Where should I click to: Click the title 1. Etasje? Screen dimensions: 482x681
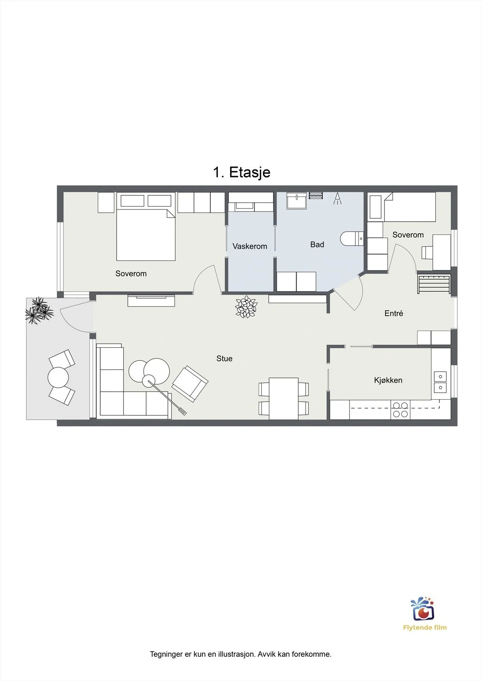(242, 172)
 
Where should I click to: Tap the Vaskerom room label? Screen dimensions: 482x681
(250, 246)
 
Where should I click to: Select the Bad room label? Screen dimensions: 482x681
(317, 244)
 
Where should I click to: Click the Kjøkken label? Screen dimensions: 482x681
(388, 380)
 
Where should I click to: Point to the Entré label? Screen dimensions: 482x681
(394, 313)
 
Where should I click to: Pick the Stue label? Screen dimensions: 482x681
(225, 358)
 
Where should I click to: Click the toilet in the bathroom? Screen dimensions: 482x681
(352, 239)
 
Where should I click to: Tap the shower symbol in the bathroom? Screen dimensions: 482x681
(337, 198)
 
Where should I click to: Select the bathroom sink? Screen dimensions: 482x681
(296, 200)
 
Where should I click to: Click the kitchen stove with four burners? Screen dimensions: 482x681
(400, 409)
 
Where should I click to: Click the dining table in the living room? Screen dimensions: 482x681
(283, 398)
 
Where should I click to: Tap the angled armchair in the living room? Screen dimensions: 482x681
(190, 383)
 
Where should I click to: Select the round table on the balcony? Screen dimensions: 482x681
(58, 377)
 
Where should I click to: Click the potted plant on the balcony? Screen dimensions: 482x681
(39, 310)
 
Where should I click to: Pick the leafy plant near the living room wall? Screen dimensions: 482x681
(246, 307)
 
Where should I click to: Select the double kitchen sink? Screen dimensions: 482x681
(440, 382)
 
